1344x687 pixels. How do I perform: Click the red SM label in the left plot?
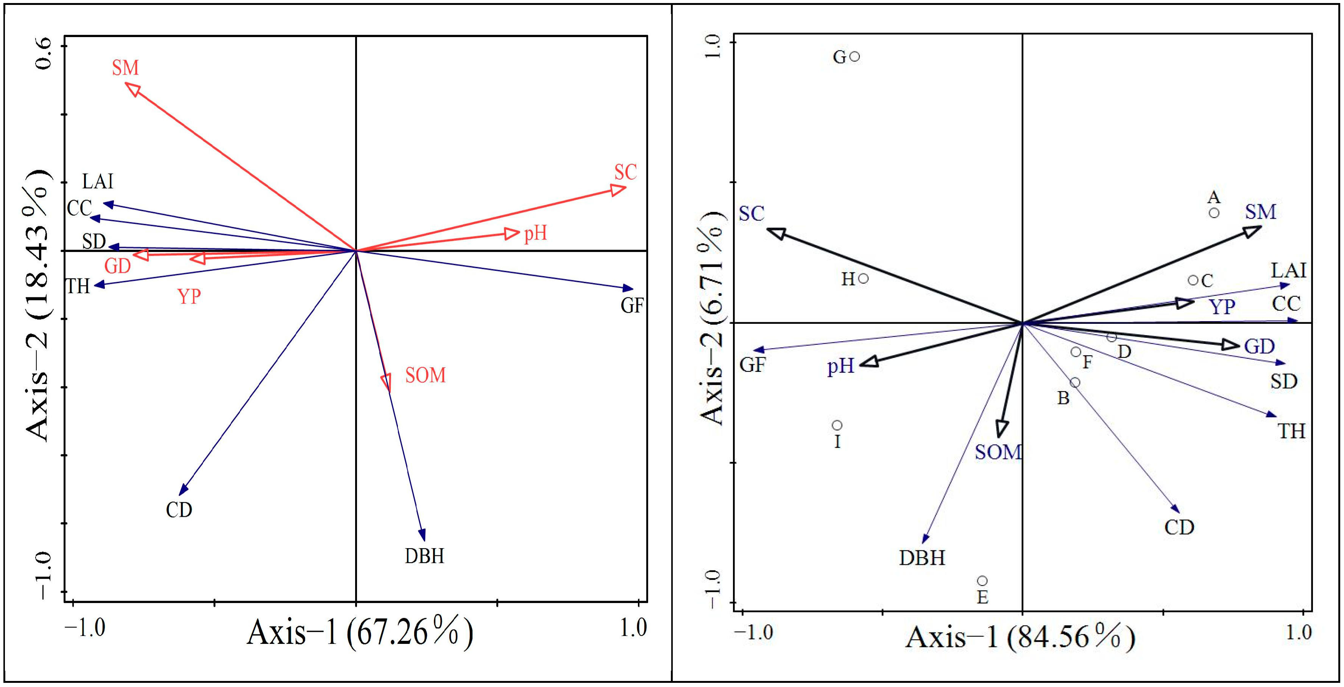125,68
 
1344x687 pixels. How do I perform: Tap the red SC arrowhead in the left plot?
619,189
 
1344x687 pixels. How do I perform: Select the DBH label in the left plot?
424,556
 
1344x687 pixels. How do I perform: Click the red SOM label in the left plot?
425,375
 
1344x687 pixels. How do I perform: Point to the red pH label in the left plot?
535,233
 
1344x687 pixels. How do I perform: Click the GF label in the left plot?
632,305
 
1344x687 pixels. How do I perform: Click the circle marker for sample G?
854,56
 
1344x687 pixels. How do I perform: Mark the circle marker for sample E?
982,581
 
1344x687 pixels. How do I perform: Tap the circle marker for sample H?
864,278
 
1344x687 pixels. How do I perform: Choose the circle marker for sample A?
1214,213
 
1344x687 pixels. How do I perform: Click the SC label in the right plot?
751,214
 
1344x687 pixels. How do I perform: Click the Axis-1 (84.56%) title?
1020,637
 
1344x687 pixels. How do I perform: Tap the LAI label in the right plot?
1288,270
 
